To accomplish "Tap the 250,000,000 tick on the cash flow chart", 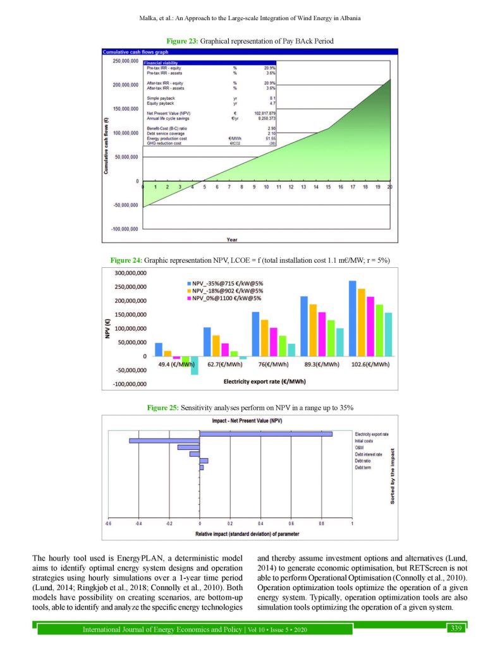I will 125,61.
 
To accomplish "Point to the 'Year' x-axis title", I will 232,239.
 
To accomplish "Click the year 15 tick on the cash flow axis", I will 328,186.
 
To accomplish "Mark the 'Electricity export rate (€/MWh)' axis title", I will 265,382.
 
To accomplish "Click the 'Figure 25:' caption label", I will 163,408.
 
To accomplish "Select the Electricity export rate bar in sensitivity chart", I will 266,433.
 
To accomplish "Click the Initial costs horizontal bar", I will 164,440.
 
